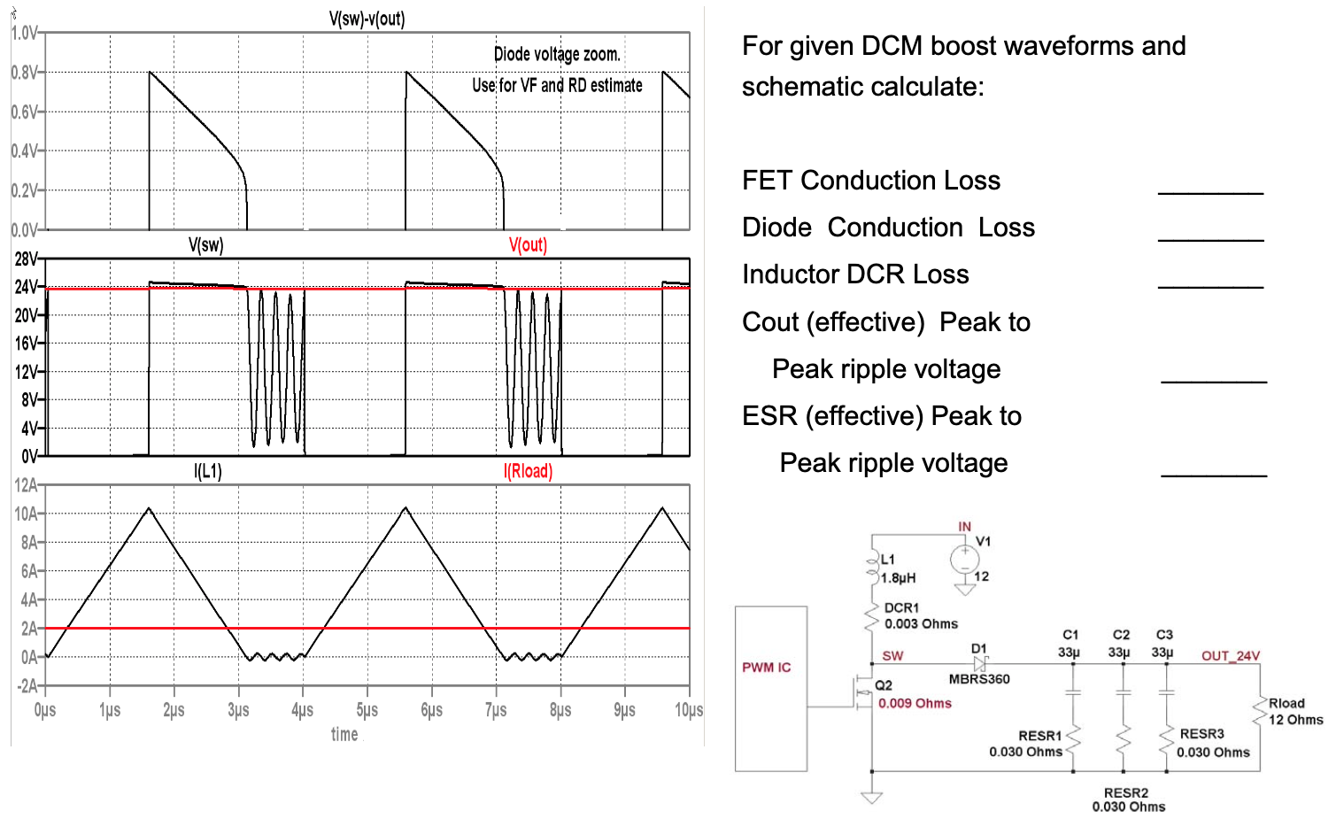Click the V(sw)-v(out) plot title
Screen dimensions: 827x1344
[x=367, y=19]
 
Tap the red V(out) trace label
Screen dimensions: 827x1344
[x=528, y=245]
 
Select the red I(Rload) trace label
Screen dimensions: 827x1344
[x=528, y=471]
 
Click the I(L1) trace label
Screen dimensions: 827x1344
[x=208, y=471]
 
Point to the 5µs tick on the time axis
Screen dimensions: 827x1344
[x=367, y=710]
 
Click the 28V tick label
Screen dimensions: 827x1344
[x=26, y=259]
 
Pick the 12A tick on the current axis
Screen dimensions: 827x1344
[x=26, y=485]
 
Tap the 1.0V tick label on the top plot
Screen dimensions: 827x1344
[x=24, y=34]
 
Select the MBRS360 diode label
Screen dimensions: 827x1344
[x=979, y=679]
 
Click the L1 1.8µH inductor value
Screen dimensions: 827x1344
[x=899, y=577]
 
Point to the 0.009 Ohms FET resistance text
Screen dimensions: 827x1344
[x=915, y=703]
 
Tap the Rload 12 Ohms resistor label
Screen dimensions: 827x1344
[x=1295, y=711]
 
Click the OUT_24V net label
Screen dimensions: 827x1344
[x=1230, y=656]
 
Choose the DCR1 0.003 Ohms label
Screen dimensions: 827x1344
[x=921, y=616]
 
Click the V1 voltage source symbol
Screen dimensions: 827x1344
[x=964, y=559]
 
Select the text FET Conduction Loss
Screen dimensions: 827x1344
[x=871, y=181]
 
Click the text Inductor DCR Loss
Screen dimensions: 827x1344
[x=855, y=274]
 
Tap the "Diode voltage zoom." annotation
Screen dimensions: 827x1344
[x=557, y=54]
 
